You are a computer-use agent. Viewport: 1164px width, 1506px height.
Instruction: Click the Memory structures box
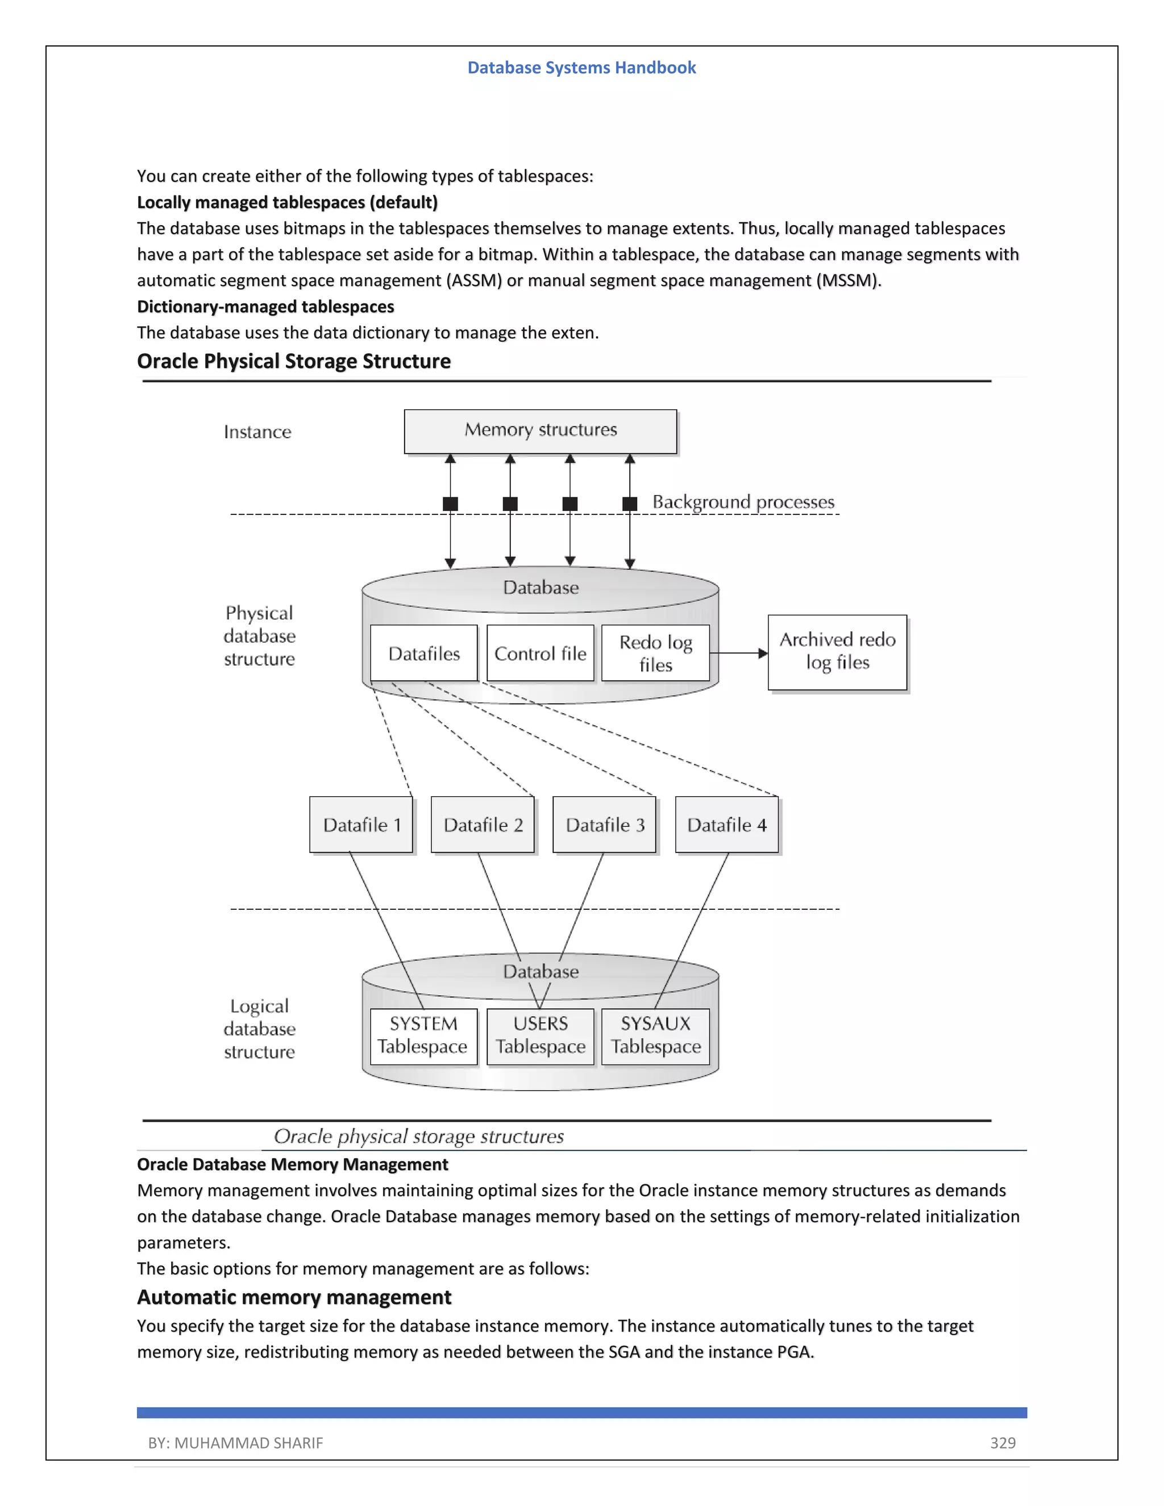click(540, 431)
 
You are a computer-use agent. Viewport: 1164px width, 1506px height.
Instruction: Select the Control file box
click(540, 653)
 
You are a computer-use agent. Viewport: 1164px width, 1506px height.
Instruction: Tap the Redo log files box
click(655, 653)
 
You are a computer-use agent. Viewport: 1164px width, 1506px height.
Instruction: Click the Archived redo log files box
click(837, 652)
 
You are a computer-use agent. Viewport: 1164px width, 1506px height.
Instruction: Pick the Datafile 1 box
click(361, 825)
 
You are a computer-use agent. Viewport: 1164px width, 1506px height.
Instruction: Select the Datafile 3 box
click(605, 825)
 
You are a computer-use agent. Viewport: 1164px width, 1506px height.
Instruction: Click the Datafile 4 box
click(727, 825)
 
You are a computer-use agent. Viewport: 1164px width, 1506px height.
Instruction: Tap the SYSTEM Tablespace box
click(423, 1035)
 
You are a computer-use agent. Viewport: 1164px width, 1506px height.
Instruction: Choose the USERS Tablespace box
click(540, 1035)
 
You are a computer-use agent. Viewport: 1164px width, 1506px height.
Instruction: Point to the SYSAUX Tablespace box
click(655, 1035)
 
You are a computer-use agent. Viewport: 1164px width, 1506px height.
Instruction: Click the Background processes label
click(743, 502)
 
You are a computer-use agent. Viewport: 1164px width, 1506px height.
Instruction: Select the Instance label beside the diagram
click(257, 432)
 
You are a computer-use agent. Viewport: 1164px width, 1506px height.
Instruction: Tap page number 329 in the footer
click(1003, 1442)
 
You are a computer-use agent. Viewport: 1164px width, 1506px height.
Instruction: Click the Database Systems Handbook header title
click(581, 68)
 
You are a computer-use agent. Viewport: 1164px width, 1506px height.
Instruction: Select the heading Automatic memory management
click(294, 1297)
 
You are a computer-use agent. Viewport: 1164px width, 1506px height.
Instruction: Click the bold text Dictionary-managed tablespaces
click(265, 307)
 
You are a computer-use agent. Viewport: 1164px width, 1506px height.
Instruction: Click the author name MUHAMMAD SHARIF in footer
click(248, 1442)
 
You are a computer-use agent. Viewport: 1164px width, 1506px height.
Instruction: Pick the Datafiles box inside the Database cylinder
click(423, 653)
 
